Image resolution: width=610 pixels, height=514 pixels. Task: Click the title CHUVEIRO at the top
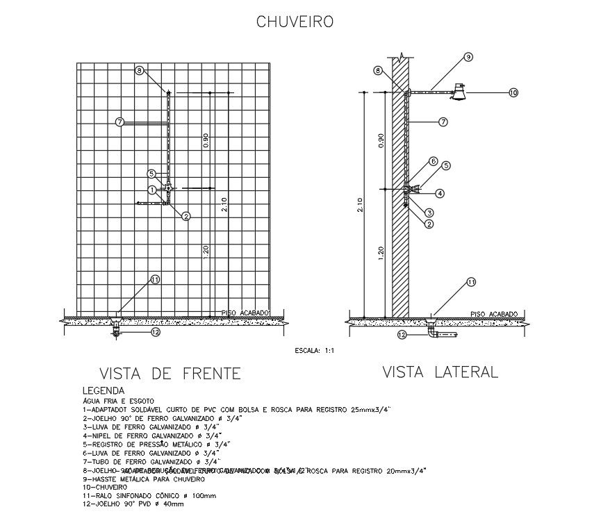pyautogui.click(x=295, y=22)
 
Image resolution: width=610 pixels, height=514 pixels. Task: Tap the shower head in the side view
pyautogui.click(x=459, y=91)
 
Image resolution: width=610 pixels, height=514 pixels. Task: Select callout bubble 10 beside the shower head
pyautogui.click(x=513, y=92)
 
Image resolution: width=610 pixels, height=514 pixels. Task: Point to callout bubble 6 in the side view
pyautogui.click(x=433, y=161)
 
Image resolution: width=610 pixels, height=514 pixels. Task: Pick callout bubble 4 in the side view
pyautogui.click(x=440, y=192)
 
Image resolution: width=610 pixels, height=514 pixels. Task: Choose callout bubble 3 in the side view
pyautogui.click(x=430, y=213)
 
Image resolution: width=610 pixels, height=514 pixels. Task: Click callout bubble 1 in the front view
pyautogui.click(x=152, y=189)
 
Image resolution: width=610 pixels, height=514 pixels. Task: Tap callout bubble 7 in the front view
pyautogui.click(x=120, y=122)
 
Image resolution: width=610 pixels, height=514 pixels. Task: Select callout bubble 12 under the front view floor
pyautogui.click(x=156, y=332)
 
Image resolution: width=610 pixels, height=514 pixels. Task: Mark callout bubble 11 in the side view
pyautogui.click(x=471, y=282)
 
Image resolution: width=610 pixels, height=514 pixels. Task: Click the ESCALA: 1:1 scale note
pyautogui.click(x=315, y=351)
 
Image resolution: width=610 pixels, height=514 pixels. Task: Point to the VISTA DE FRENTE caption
pyautogui.click(x=170, y=374)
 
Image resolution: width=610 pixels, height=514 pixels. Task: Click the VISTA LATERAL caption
pyautogui.click(x=440, y=372)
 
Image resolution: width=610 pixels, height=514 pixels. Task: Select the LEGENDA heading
pyautogui.click(x=104, y=391)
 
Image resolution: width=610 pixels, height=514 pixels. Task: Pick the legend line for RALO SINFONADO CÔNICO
pyautogui.click(x=149, y=495)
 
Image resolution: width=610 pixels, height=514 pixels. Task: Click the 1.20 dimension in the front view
pyautogui.click(x=206, y=252)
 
